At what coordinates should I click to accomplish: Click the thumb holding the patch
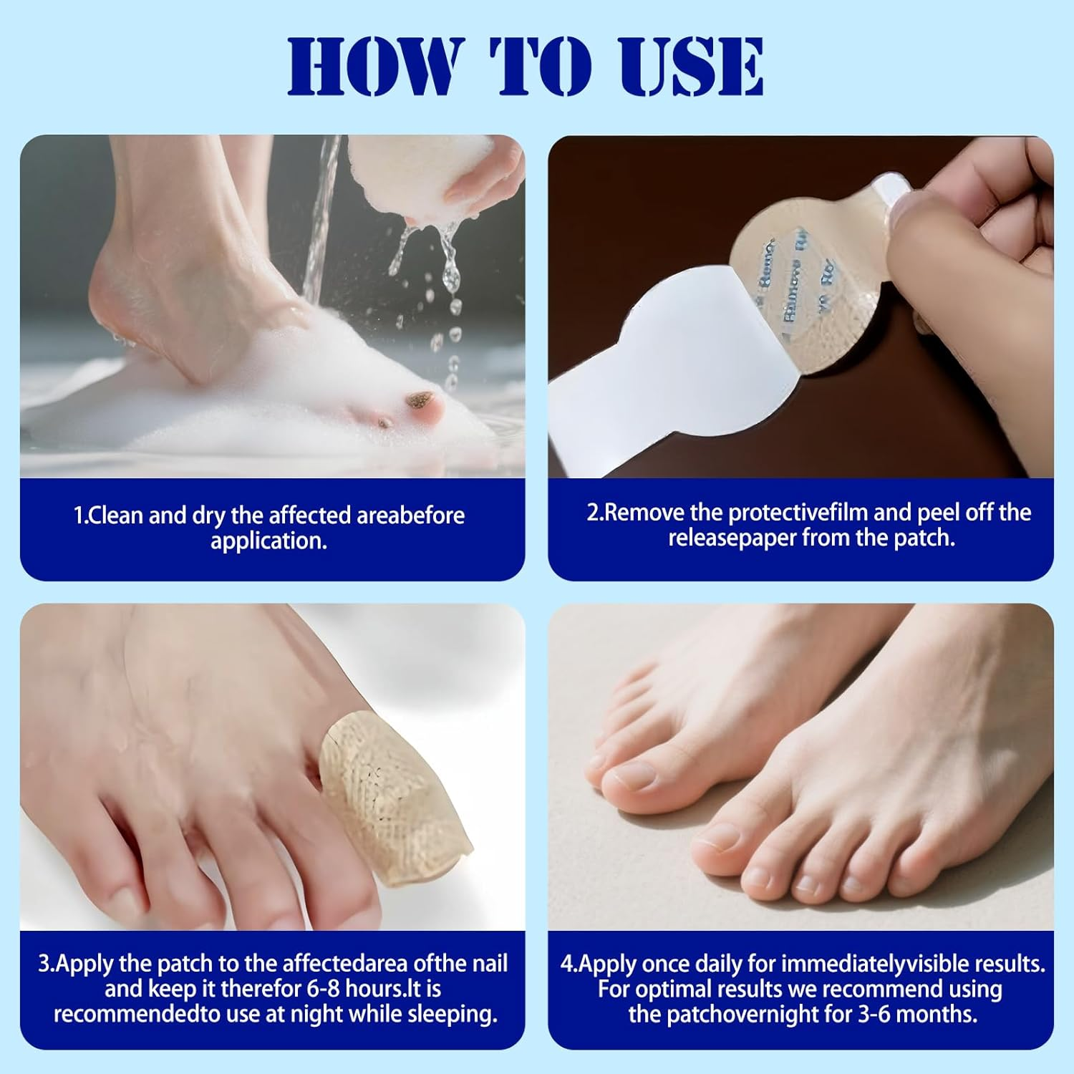(x=931, y=243)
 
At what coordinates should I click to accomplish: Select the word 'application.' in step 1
(x=268, y=541)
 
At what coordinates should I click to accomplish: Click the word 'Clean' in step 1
(x=116, y=516)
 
